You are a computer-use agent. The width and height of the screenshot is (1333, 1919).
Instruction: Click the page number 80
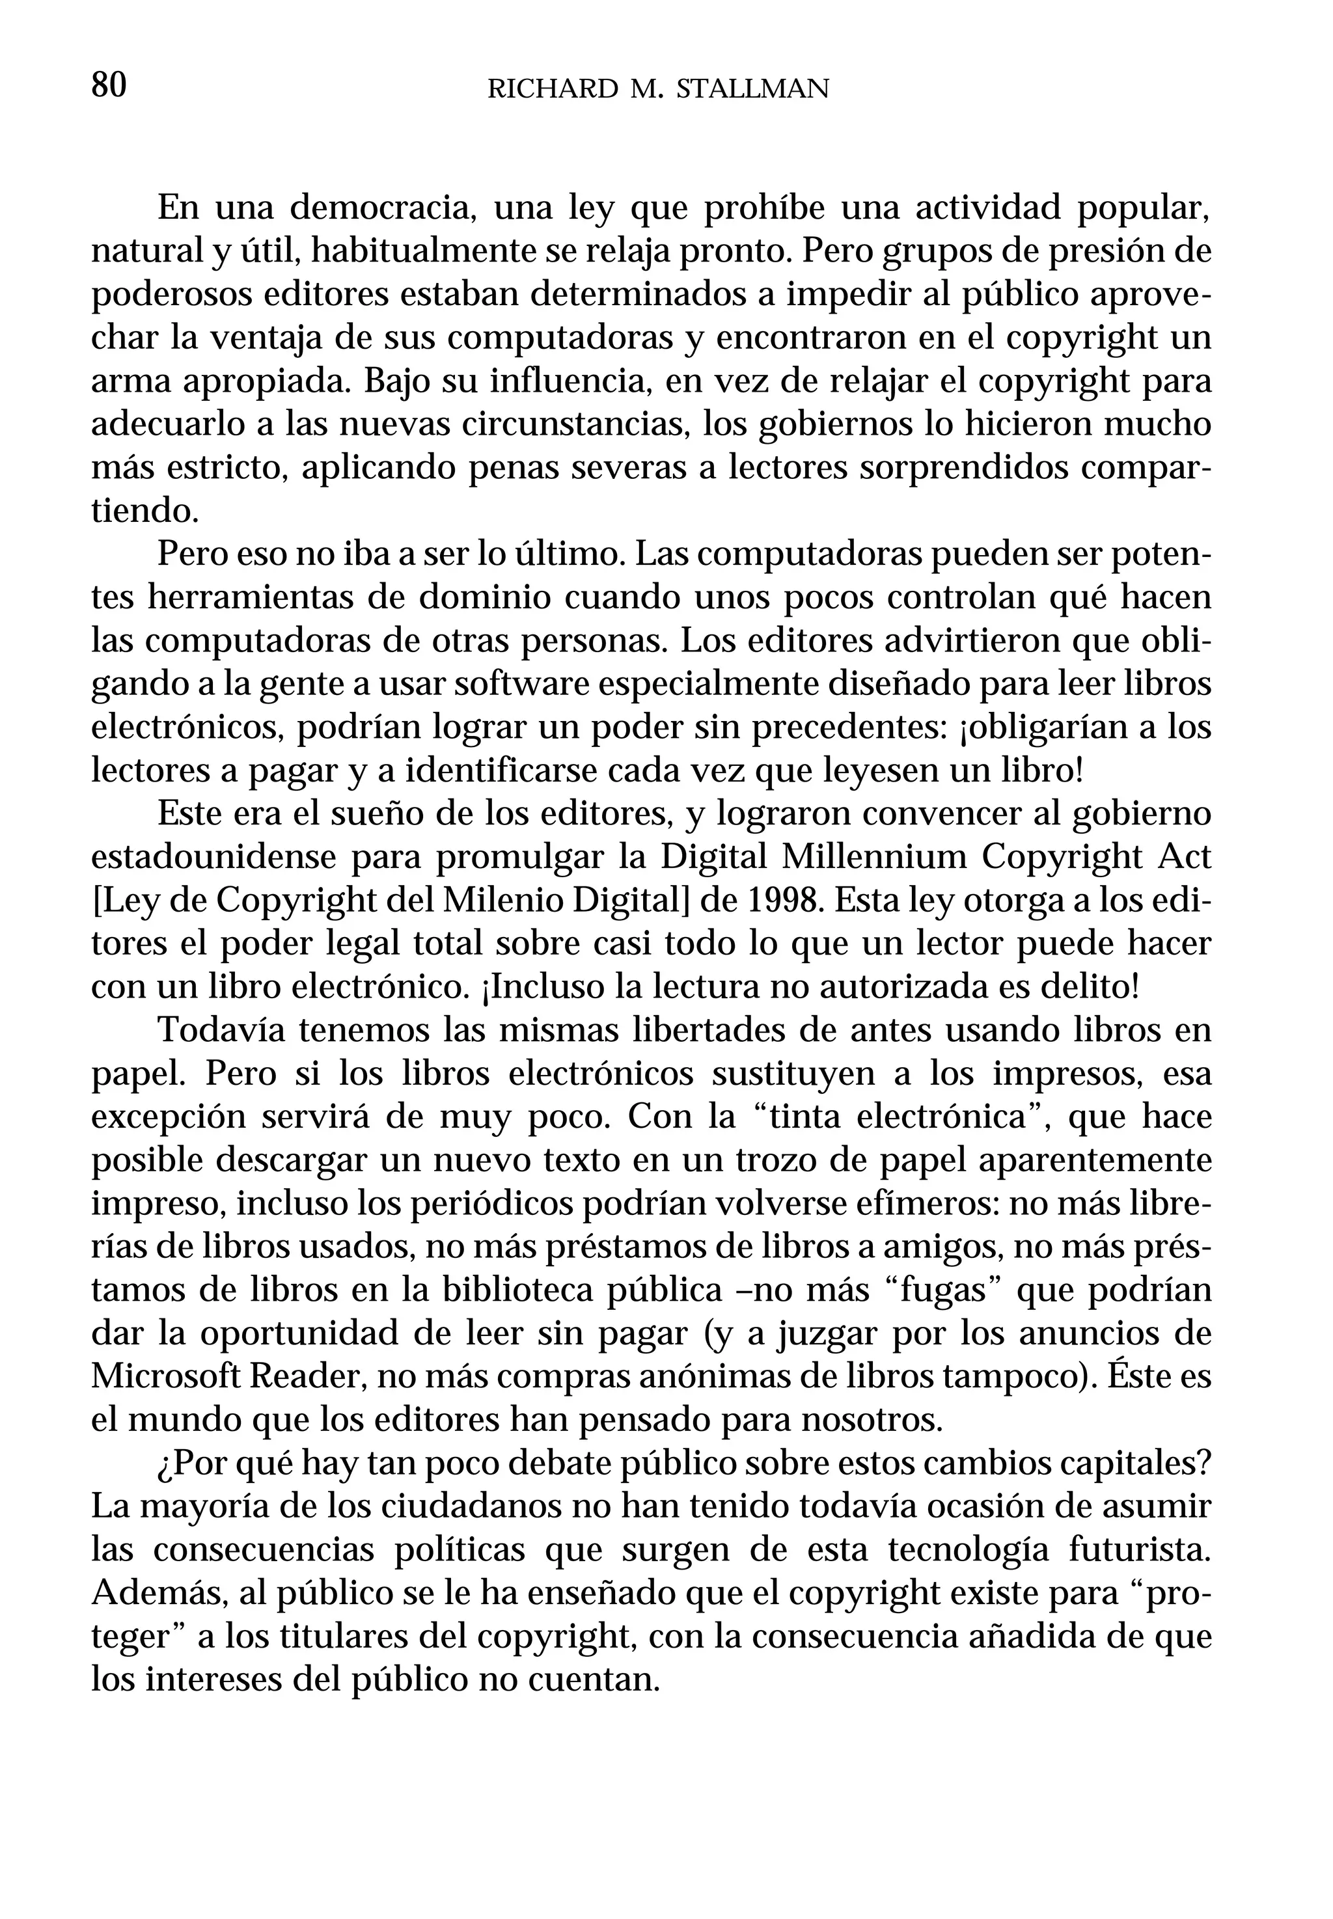(109, 85)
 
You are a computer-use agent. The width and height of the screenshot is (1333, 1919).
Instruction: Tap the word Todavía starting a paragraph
(221, 1031)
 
